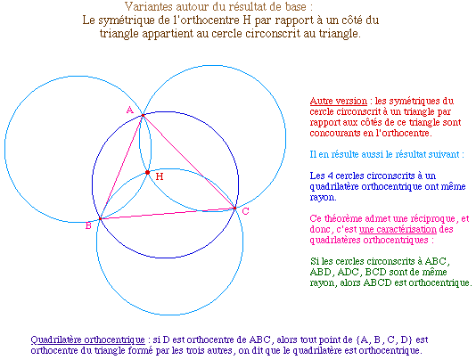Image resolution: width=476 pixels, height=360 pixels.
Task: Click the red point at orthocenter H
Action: tap(148, 172)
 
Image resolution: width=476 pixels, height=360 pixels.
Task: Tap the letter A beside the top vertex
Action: tap(129, 110)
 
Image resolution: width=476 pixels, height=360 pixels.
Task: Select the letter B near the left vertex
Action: tap(88, 225)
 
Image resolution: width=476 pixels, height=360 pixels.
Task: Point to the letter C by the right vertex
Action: tap(246, 211)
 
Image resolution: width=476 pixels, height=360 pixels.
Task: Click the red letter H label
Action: tap(160, 176)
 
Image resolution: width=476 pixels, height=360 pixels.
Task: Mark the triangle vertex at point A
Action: tap(143, 115)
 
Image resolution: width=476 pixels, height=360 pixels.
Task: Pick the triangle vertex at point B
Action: tap(100, 218)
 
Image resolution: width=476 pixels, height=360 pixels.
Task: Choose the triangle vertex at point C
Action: tap(234, 209)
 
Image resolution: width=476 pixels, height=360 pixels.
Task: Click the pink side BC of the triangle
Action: tap(168, 213)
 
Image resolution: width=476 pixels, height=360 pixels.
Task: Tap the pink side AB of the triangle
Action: tap(121, 167)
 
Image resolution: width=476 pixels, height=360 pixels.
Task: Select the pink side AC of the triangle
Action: tap(189, 162)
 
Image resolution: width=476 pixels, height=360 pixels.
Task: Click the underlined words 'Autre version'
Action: tap(339, 101)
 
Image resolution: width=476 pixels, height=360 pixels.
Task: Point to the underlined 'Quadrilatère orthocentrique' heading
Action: tap(87, 340)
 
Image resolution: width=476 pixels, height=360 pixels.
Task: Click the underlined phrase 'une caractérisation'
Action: tap(398, 229)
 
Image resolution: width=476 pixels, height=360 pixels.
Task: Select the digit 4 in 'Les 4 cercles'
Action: tap(331, 176)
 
